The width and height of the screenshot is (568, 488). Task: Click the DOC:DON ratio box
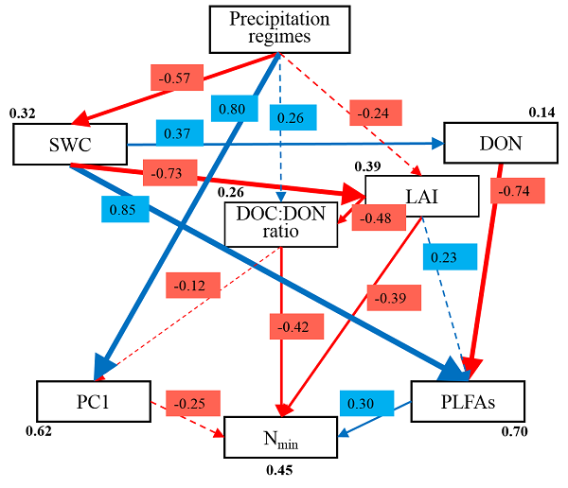pyautogui.click(x=281, y=225)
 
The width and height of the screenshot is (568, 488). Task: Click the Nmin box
pyautogui.click(x=280, y=436)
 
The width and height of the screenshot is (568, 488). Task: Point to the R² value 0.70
pyautogui.click(x=512, y=434)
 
